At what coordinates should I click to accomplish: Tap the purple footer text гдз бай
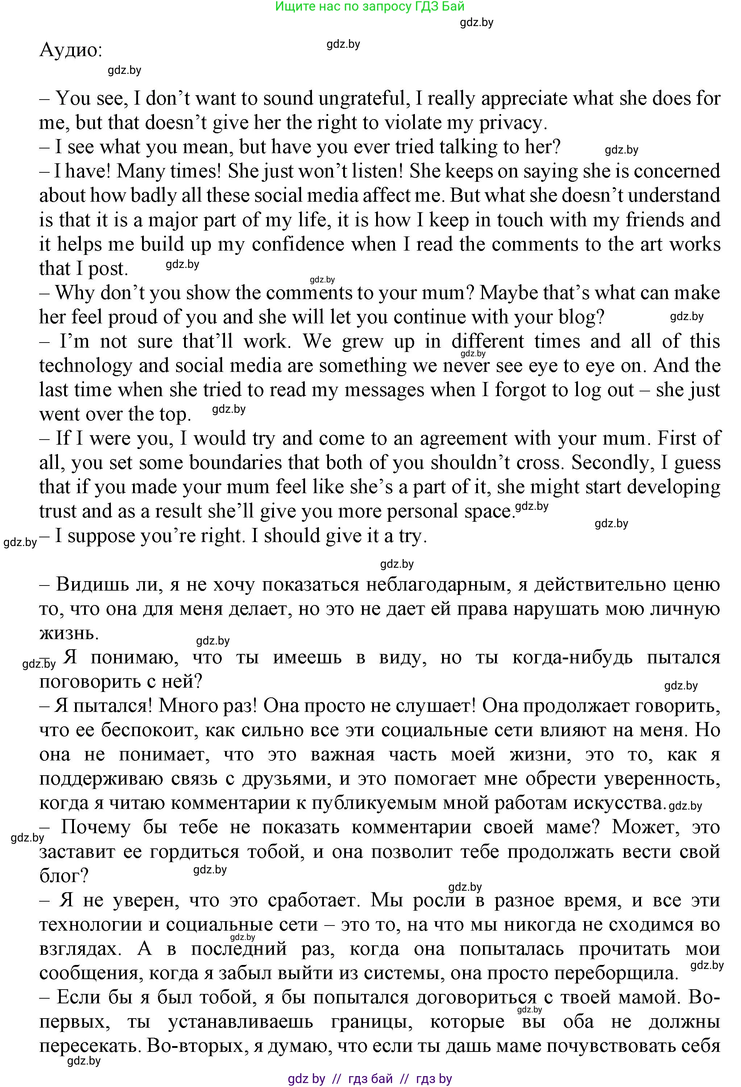click(370, 1079)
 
